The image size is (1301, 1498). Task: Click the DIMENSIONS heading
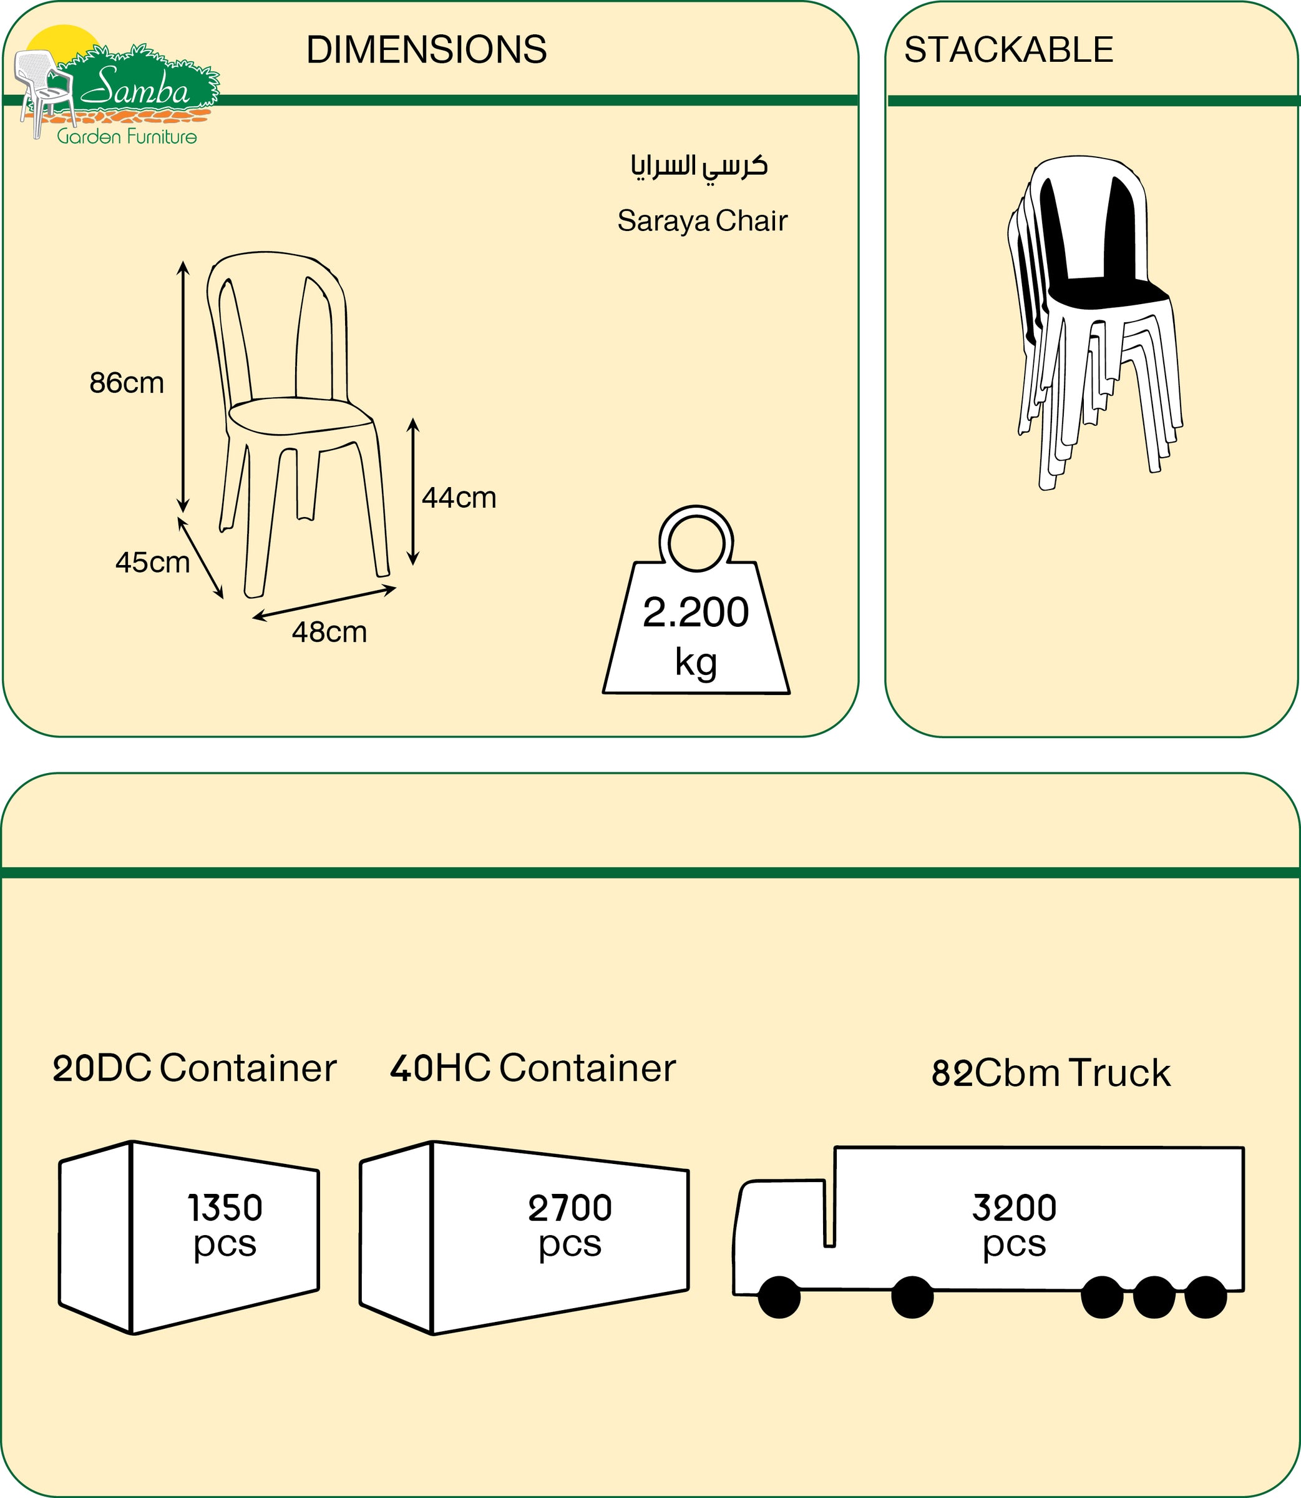[x=426, y=50]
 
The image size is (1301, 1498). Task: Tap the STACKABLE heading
[x=1008, y=50]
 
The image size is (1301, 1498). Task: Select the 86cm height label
[x=126, y=383]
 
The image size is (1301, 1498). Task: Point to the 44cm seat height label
[x=459, y=498]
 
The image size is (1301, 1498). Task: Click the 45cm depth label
[x=152, y=562]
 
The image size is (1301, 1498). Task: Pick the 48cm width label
[x=329, y=632]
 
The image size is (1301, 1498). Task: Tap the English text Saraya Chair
[x=702, y=221]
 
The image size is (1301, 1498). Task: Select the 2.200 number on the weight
[x=696, y=613]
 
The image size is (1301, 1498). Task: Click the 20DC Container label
[x=195, y=1068]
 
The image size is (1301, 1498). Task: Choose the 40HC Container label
[x=533, y=1068]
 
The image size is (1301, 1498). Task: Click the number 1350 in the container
[x=225, y=1208]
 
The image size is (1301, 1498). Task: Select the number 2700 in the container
[x=570, y=1208]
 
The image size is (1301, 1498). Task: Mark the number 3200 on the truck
[x=1014, y=1208]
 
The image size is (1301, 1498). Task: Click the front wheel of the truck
[x=779, y=1298]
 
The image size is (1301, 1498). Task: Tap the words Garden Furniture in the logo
[x=127, y=137]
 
